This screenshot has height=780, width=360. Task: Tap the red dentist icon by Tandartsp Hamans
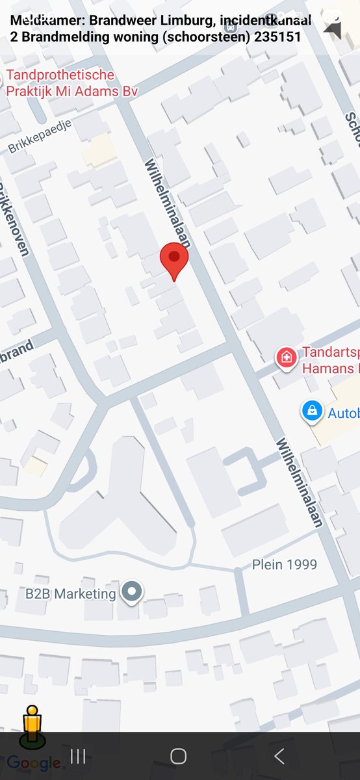pos(286,357)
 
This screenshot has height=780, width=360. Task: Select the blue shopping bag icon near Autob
pos(313,411)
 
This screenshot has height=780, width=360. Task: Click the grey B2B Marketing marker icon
pos(133,592)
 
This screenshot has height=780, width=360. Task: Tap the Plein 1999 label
pos(285,564)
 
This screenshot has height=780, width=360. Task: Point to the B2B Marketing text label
pos(71,593)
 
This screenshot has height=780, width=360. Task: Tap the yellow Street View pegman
pos(32,727)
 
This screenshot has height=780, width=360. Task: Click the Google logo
pos(34,763)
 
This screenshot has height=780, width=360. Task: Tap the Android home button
pos(178,756)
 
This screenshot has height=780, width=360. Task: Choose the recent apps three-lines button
pos(78,756)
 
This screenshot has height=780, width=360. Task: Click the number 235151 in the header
pos(277,37)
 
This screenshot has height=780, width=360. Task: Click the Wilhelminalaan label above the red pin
pos(168,202)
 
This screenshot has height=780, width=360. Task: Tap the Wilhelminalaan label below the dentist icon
pos(300,484)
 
